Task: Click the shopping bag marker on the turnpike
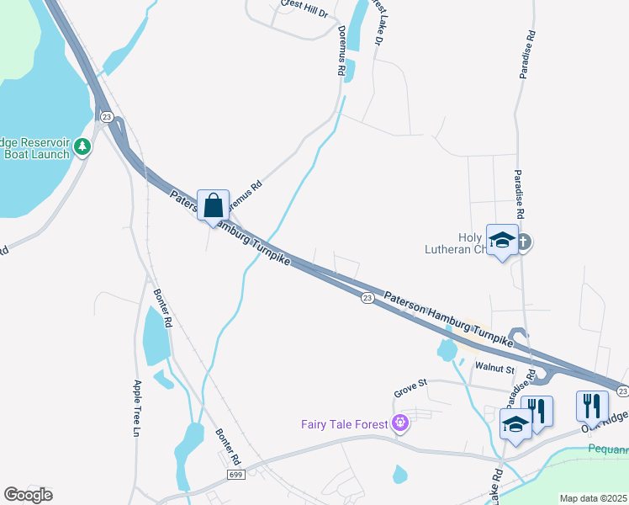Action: (x=214, y=205)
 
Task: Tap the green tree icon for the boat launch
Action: (x=82, y=147)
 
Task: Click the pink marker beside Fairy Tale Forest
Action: (x=399, y=423)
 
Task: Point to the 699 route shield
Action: (x=237, y=476)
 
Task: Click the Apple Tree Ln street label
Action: (x=137, y=408)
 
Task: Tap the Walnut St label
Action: (x=494, y=368)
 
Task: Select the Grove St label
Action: (x=411, y=387)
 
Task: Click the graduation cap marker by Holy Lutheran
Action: (x=503, y=242)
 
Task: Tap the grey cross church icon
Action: (x=524, y=242)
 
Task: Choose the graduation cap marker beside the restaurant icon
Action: (x=515, y=423)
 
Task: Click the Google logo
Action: (x=28, y=495)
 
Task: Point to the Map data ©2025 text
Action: (x=594, y=498)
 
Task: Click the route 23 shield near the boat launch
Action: (x=106, y=117)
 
